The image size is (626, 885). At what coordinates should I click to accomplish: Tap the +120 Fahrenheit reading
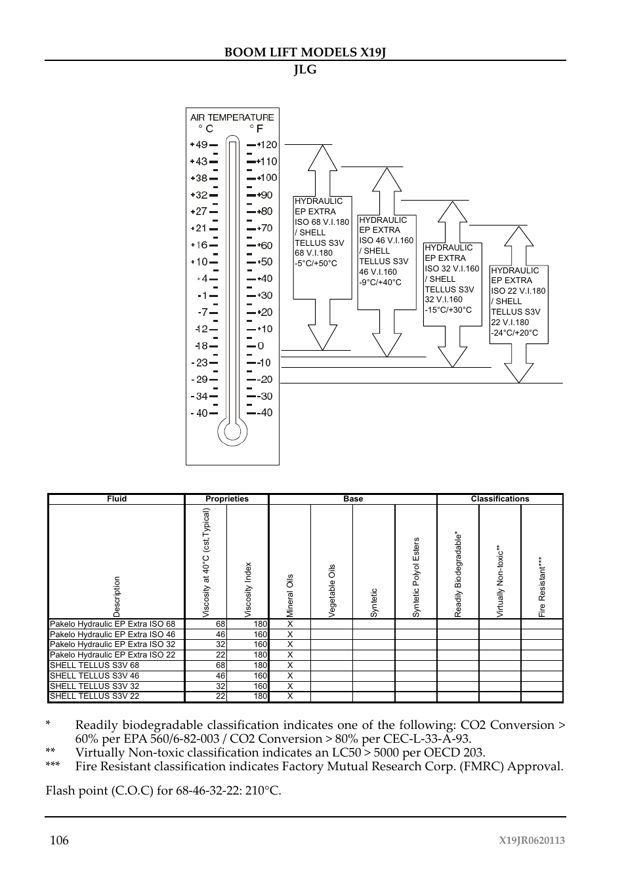pos(267,145)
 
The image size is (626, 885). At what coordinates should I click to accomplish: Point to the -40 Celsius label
pos(199,413)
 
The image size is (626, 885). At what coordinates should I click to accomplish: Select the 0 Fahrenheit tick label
pos(261,345)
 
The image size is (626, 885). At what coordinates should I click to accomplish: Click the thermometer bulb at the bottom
pos(232,431)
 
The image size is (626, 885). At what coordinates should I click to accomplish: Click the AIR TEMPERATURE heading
pos(232,117)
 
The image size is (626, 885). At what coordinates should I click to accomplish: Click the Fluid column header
pos(117,499)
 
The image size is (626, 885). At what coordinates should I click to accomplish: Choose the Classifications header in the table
pos(500,499)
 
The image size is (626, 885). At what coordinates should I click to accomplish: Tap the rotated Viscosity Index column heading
pos(248,589)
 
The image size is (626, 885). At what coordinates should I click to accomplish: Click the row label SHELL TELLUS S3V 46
pos(94,675)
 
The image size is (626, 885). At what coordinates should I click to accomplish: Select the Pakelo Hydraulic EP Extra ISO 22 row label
pos(113,655)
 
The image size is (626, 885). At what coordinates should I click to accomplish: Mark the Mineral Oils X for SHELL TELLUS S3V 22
pos(290,696)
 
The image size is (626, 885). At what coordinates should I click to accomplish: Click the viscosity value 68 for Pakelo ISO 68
pos(220,624)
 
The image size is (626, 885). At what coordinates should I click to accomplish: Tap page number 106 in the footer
pos(58,840)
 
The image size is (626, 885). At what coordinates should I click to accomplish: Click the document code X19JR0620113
pos(532,841)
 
